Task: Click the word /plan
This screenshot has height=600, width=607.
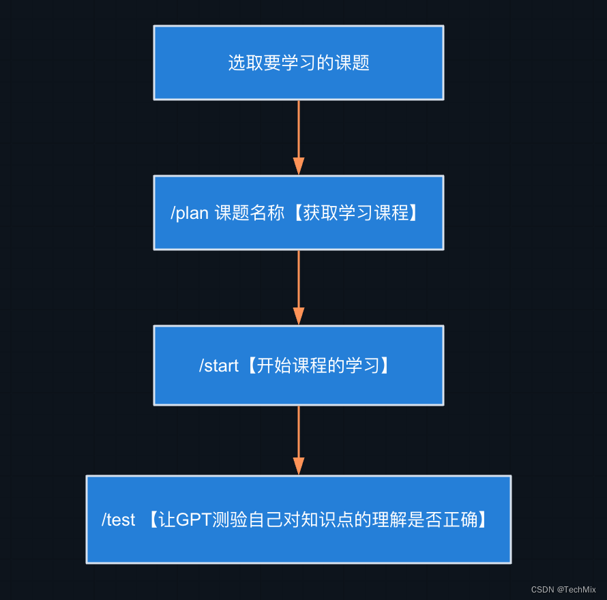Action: click(190, 213)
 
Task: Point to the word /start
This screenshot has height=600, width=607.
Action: click(219, 366)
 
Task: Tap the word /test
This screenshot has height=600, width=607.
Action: click(119, 520)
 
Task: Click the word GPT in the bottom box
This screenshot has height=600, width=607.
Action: click(194, 520)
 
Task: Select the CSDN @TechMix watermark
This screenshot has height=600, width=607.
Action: click(563, 589)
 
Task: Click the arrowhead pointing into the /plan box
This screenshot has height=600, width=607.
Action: click(299, 166)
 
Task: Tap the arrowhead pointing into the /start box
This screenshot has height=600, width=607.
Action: click(299, 316)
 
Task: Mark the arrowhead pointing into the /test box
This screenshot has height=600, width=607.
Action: click(299, 466)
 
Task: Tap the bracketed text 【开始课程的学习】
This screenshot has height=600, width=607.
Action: click(319, 366)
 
